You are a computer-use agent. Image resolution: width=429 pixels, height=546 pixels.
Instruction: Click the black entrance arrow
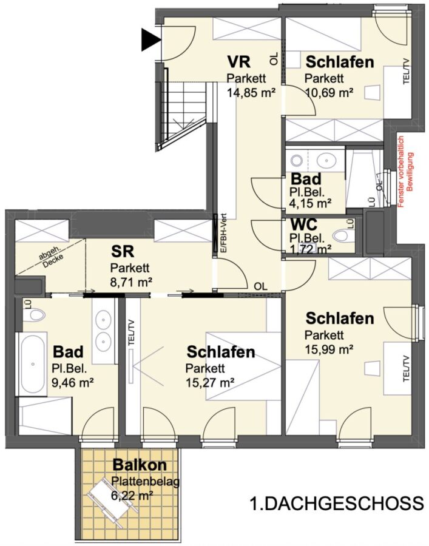click(150, 39)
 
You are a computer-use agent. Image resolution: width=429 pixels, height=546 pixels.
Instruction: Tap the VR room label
click(239, 62)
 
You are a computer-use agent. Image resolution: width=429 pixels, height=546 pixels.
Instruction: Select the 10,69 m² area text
click(329, 92)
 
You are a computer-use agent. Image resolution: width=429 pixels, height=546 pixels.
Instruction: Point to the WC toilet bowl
click(343, 237)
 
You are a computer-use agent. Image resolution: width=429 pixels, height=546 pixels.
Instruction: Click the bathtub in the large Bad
click(33, 364)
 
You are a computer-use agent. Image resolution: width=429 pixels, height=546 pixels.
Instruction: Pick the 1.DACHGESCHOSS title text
click(336, 504)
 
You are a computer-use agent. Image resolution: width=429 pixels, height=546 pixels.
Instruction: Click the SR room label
click(123, 251)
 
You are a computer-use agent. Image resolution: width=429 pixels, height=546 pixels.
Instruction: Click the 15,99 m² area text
click(329, 349)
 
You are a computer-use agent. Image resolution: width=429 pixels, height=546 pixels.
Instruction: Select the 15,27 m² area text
click(209, 382)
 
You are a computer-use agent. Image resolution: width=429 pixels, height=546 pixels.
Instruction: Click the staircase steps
click(183, 115)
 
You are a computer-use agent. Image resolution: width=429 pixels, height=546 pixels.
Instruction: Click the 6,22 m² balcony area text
click(132, 495)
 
